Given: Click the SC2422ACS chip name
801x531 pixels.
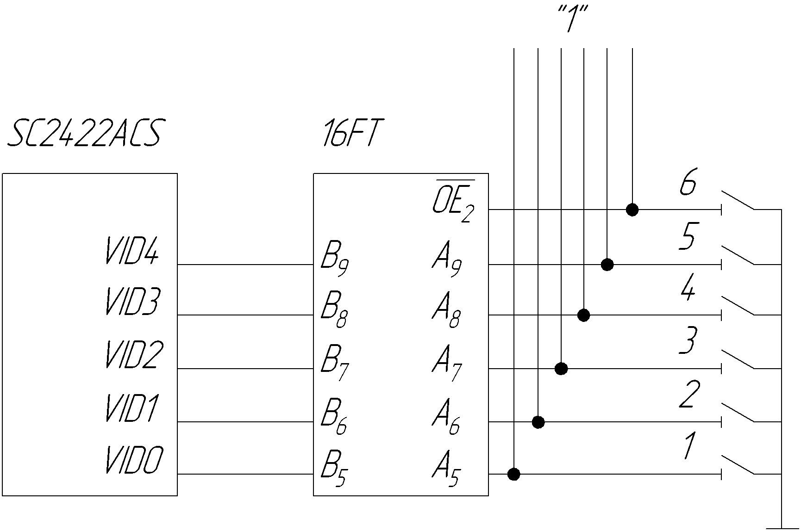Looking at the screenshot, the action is pos(84,134).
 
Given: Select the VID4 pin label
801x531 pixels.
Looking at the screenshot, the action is pos(132,251).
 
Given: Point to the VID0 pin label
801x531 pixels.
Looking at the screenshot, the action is pos(134,460).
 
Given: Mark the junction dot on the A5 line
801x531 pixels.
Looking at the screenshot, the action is pos(514,474).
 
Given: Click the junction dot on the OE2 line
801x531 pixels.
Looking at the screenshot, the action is pos(632,210).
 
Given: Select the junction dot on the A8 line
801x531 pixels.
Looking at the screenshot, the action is pos(584,315).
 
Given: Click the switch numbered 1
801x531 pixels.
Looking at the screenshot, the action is pos(738,465).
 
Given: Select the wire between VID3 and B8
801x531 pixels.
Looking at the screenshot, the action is pos(245,315).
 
